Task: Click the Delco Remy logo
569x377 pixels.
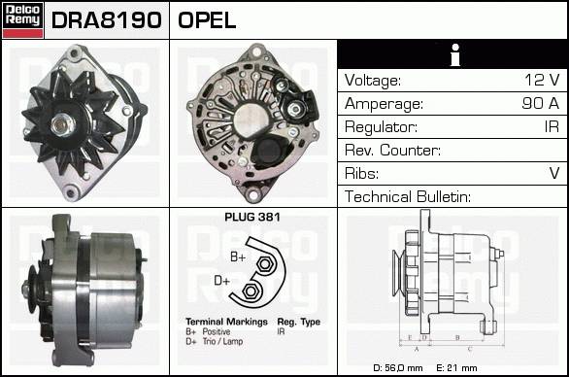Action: click(23, 20)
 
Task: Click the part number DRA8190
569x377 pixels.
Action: click(107, 20)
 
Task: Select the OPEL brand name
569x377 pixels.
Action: click(207, 20)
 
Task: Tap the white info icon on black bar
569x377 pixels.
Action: click(455, 54)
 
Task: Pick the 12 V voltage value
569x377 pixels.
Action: click(542, 80)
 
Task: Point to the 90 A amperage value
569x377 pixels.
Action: click(541, 103)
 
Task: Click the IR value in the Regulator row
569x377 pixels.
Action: click(552, 126)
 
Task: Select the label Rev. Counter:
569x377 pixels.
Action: click(392, 150)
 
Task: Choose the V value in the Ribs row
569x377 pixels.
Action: click(554, 173)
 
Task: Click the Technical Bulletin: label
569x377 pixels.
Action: click(408, 196)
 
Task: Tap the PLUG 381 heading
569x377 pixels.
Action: click(252, 218)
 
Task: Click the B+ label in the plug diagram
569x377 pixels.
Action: click(238, 257)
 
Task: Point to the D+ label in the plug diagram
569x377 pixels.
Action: click(222, 281)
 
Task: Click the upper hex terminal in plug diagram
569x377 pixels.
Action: click(265, 264)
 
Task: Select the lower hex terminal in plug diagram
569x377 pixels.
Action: click(250, 291)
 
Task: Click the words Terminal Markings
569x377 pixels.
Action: click(226, 322)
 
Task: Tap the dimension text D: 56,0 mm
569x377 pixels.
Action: click(398, 368)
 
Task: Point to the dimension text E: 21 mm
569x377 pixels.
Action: click(456, 368)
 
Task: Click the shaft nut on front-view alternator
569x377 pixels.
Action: click(62, 124)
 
